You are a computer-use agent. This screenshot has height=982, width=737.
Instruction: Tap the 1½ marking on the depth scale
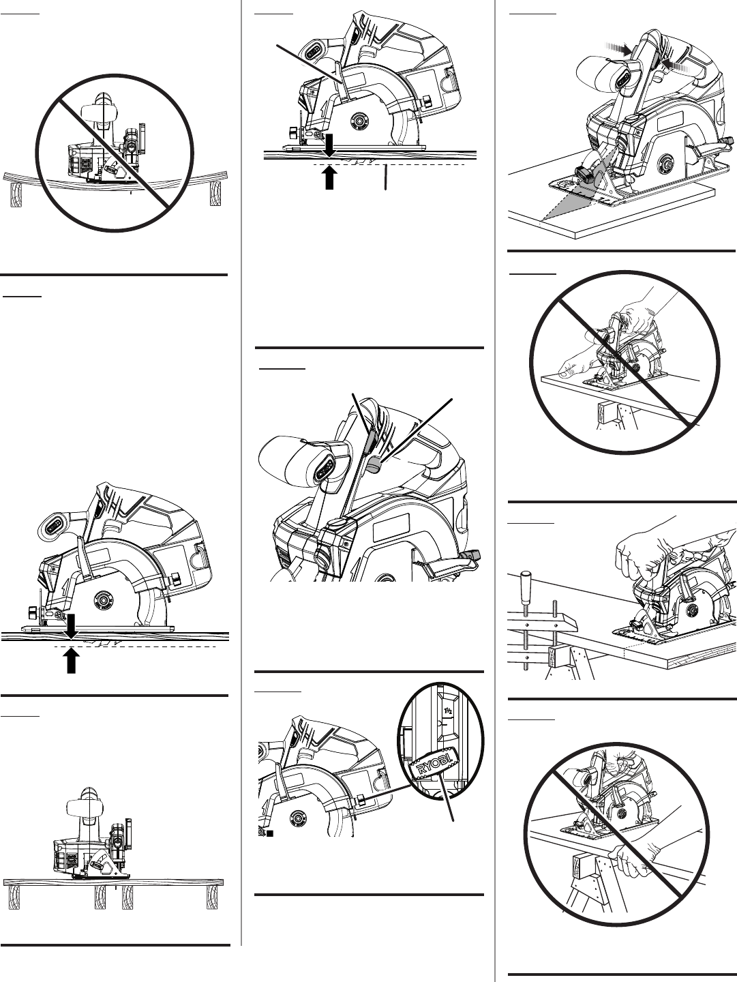pyautogui.click(x=448, y=711)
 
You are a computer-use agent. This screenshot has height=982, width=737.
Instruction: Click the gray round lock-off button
pyautogui.click(x=374, y=464)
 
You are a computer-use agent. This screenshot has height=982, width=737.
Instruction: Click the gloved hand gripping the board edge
pyautogui.click(x=633, y=861)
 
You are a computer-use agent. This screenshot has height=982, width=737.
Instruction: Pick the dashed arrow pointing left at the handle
pyautogui.click(x=677, y=67)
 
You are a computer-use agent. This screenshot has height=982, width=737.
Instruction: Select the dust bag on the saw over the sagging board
pyautogui.click(x=98, y=111)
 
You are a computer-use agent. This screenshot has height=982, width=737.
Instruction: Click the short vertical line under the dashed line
pyautogui.click(x=385, y=177)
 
